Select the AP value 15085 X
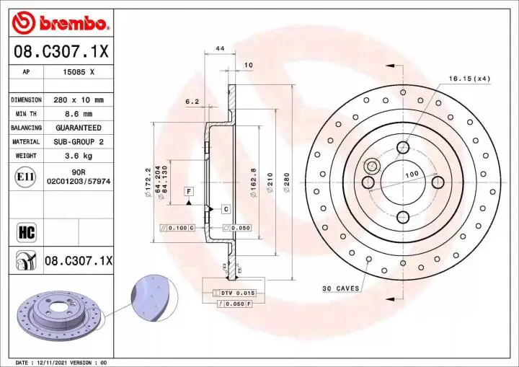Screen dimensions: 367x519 (79, 73)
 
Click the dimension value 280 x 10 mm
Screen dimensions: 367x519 (79, 100)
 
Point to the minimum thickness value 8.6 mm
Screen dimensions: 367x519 (79, 114)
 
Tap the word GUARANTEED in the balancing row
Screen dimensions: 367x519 (79, 128)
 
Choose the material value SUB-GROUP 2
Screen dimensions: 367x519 (79, 142)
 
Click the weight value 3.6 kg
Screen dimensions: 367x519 (79, 156)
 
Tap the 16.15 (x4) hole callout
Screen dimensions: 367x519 (469, 78)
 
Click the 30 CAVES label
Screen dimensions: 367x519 (340, 288)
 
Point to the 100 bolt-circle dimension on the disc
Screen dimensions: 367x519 (411, 175)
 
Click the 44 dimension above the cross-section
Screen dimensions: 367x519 (219, 49)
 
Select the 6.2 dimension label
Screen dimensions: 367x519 (192, 102)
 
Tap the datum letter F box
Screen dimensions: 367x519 (189, 191)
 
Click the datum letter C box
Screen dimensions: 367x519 (226, 209)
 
